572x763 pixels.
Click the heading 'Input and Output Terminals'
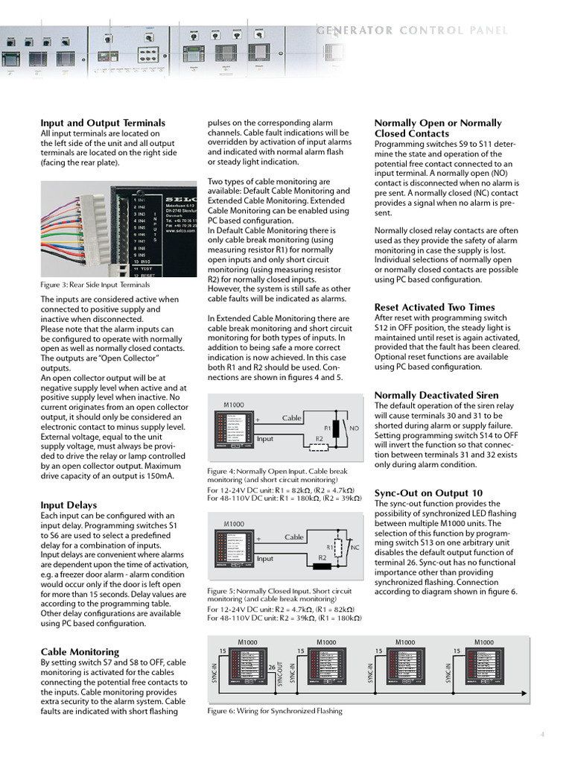tap(103, 123)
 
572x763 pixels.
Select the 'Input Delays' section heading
tap(69, 504)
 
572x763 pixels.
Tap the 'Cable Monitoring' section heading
tap(80, 651)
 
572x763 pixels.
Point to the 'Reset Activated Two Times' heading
tap(434, 307)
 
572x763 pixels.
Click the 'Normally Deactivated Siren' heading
tap(436, 395)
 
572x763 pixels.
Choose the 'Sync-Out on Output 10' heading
tap(428, 493)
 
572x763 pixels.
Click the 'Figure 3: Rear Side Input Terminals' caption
tap(95, 285)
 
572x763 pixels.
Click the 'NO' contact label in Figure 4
tap(354, 428)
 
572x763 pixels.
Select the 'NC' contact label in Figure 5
tap(355, 547)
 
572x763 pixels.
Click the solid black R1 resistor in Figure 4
tap(336, 428)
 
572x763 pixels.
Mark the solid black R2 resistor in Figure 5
tap(322, 566)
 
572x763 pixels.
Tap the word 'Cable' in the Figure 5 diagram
tap(294, 536)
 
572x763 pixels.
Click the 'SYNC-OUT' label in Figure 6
tap(279, 673)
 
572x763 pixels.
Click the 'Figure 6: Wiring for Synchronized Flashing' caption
tap(274, 711)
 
